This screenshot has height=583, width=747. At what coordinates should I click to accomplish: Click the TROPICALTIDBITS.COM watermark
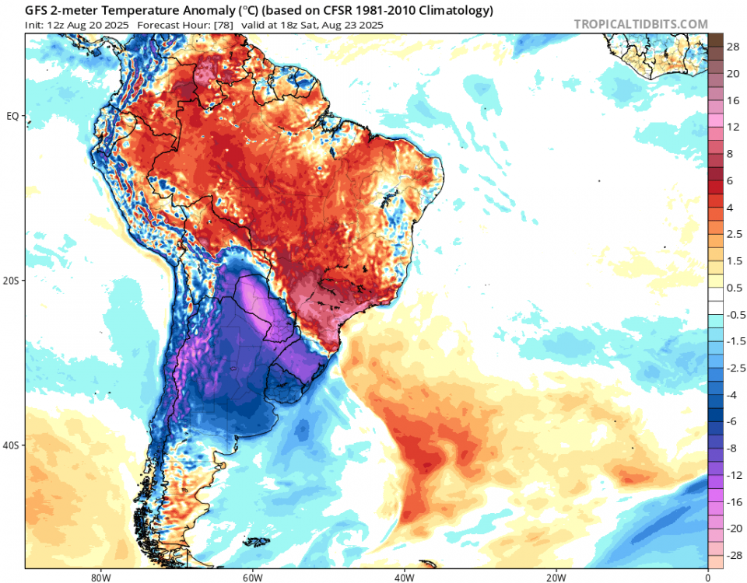click(640, 25)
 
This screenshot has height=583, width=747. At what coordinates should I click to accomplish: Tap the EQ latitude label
click(12, 116)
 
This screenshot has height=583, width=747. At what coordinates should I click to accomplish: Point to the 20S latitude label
click(12, 281)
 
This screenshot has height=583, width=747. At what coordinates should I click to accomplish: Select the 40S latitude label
click(12, 445)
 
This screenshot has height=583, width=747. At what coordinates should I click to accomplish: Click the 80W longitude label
click(98, 578)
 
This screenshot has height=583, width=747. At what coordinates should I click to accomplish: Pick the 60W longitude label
click(251, 578)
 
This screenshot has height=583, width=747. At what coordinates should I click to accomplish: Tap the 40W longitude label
click(403, 578)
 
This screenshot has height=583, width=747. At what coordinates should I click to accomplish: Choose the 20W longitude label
click(555, 578)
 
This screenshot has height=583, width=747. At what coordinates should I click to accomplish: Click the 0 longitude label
click(707, 578)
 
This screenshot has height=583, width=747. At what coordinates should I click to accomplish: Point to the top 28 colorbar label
click(732, 47)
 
